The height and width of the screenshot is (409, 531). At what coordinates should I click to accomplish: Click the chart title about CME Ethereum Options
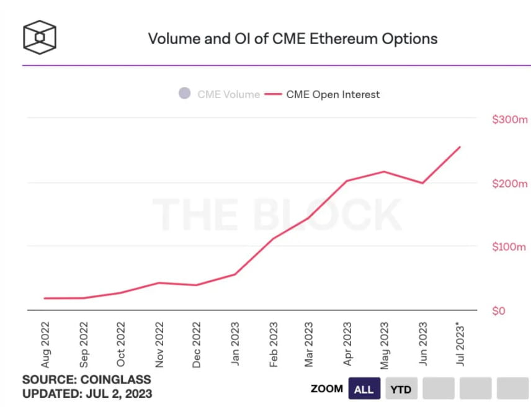(x=292, y=38)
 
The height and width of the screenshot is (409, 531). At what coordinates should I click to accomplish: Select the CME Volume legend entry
(x=219, y=94)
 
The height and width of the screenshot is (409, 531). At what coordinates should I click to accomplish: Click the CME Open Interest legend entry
(x=323, y=94)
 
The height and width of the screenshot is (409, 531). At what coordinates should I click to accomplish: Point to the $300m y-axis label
(x=509, y=120)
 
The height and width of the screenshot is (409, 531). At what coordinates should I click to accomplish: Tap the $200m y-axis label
(x=509, y=184)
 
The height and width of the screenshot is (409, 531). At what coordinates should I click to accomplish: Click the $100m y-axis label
(x=509, y=247)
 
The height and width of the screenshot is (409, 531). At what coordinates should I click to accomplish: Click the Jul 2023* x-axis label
(x=460, y=344)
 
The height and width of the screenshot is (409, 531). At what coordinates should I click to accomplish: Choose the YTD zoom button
(x=401, y=389)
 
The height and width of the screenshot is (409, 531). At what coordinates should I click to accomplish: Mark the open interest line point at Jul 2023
(x=460, y=147)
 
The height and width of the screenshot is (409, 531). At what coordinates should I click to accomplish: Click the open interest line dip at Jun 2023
(x=423, y=183)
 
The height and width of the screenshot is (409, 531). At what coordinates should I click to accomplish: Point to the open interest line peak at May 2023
(x=385, y=171)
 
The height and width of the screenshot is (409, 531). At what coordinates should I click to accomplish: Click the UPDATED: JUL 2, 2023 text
(x=87, y=393)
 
